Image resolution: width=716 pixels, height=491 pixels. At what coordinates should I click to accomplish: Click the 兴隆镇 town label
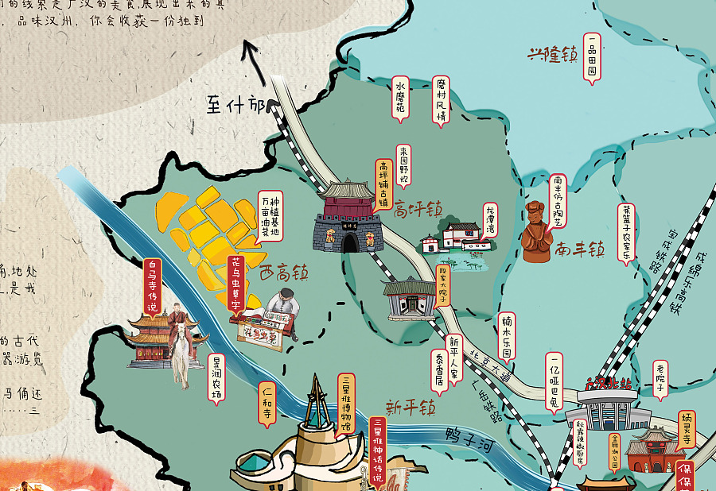pos(553,55)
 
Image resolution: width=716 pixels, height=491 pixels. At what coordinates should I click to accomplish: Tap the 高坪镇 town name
pos(418,211)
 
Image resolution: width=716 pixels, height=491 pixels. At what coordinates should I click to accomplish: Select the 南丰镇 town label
pos(580,249)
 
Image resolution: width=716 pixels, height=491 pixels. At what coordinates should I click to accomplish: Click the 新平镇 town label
pos(411,408)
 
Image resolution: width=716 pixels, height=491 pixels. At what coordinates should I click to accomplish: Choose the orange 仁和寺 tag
pos(267,404)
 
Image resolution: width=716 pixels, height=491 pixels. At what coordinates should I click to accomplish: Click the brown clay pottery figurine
pos(537,232)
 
